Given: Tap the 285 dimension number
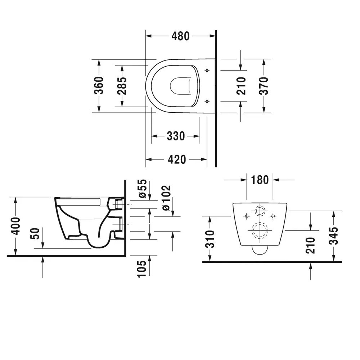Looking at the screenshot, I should coord(122,86).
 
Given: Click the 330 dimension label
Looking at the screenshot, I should coord(176,136).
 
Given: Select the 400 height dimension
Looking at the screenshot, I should coord(15,226).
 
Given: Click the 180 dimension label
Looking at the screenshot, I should coord(260,179).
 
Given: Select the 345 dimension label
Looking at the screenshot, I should coord(334,235).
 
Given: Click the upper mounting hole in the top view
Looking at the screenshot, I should coord(207,71).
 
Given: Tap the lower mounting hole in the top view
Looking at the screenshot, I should coord(207,102).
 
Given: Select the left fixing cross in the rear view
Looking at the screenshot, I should coord(247,216).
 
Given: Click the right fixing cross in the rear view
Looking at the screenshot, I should coord(273,216).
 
